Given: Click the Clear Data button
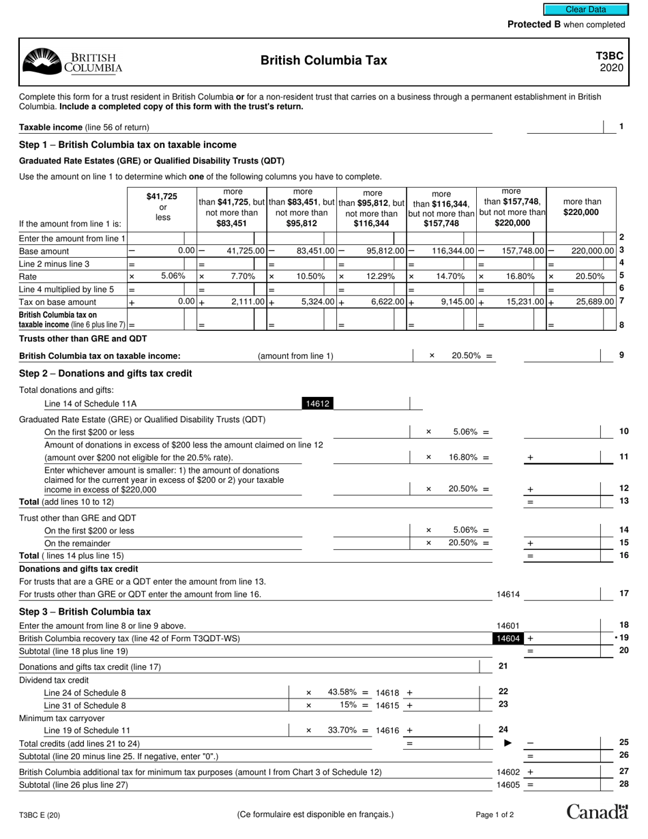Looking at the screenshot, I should tap(585, 10).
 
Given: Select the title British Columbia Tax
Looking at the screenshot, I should tap(323, 61).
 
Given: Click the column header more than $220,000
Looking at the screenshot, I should tap(582, 207).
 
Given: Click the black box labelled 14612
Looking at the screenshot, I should tap(316, 404).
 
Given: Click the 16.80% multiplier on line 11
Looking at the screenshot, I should tap(462, 457).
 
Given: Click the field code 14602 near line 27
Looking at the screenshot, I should tap(508, 772).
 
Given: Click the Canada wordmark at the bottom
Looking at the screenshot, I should tap(597, 812).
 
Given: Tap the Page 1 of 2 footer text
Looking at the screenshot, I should tap(495, 814).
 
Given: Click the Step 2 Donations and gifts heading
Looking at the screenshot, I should tap(106, 374).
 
